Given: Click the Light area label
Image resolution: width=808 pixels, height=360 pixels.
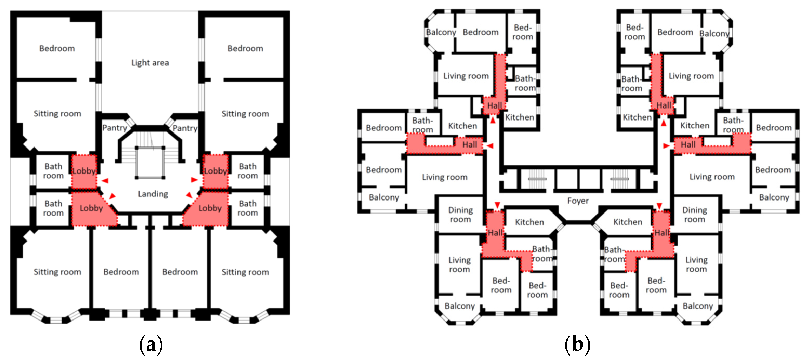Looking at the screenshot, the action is pyautogui.click(x=150, y=63).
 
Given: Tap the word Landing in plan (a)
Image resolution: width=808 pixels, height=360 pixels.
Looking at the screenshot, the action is pyautogui.click(x=153, y=194).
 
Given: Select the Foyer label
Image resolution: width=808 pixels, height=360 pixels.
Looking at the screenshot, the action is pyautogui.click(x=578, y=201).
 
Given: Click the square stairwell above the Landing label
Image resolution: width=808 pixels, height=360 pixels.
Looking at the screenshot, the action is pyautogui.click(x=150, y=162).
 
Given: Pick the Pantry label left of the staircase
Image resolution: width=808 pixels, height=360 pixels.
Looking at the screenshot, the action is pyautogui.click(x=115, y=128).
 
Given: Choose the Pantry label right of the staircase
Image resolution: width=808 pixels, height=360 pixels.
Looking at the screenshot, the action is pyautogui.click(x=185, y=128).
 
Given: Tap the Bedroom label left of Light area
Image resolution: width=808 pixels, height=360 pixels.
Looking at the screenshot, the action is pyautogui.click(x=57, y=49).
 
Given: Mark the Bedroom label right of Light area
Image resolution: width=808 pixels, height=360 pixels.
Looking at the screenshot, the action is pyautogui.click(x=245, y=49).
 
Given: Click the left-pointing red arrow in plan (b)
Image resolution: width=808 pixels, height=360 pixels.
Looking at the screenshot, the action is pyautogui.click(x=490, y=146).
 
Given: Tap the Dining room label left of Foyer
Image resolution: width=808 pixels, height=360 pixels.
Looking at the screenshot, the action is pyautogui.click(x=460, y=215).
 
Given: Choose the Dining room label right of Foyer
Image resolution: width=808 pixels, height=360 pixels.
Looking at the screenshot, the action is pyautogui.click(x=694, y=215).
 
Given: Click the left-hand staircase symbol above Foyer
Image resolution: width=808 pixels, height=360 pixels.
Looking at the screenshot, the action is pyautogui.click(x=537, y=179).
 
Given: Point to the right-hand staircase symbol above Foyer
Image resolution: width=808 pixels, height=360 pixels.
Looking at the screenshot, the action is pyautogui.click(x=619, y=179).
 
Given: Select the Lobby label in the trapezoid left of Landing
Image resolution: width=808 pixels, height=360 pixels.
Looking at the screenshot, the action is pyautogui.click(x=91, y=208).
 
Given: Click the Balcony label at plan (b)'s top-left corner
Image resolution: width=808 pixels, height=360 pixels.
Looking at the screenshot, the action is pyautogui.click(x=441, y=32).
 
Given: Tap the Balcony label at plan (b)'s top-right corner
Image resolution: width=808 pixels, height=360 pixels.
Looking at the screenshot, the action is pyautogui.click(x=714, y=34).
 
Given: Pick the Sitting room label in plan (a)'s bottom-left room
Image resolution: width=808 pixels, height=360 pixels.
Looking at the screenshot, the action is pyautogui.click(x=57, y=272).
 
